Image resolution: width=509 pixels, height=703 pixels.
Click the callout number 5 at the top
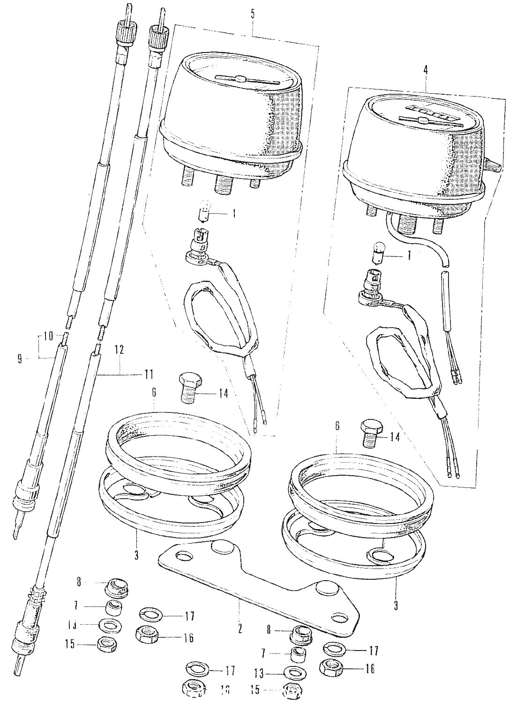click(253, 14)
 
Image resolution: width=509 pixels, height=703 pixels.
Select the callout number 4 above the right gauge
click(425, 70)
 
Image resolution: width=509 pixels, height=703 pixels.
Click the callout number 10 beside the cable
click(46, 336)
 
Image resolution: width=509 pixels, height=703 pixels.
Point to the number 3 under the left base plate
click(136, 555)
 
